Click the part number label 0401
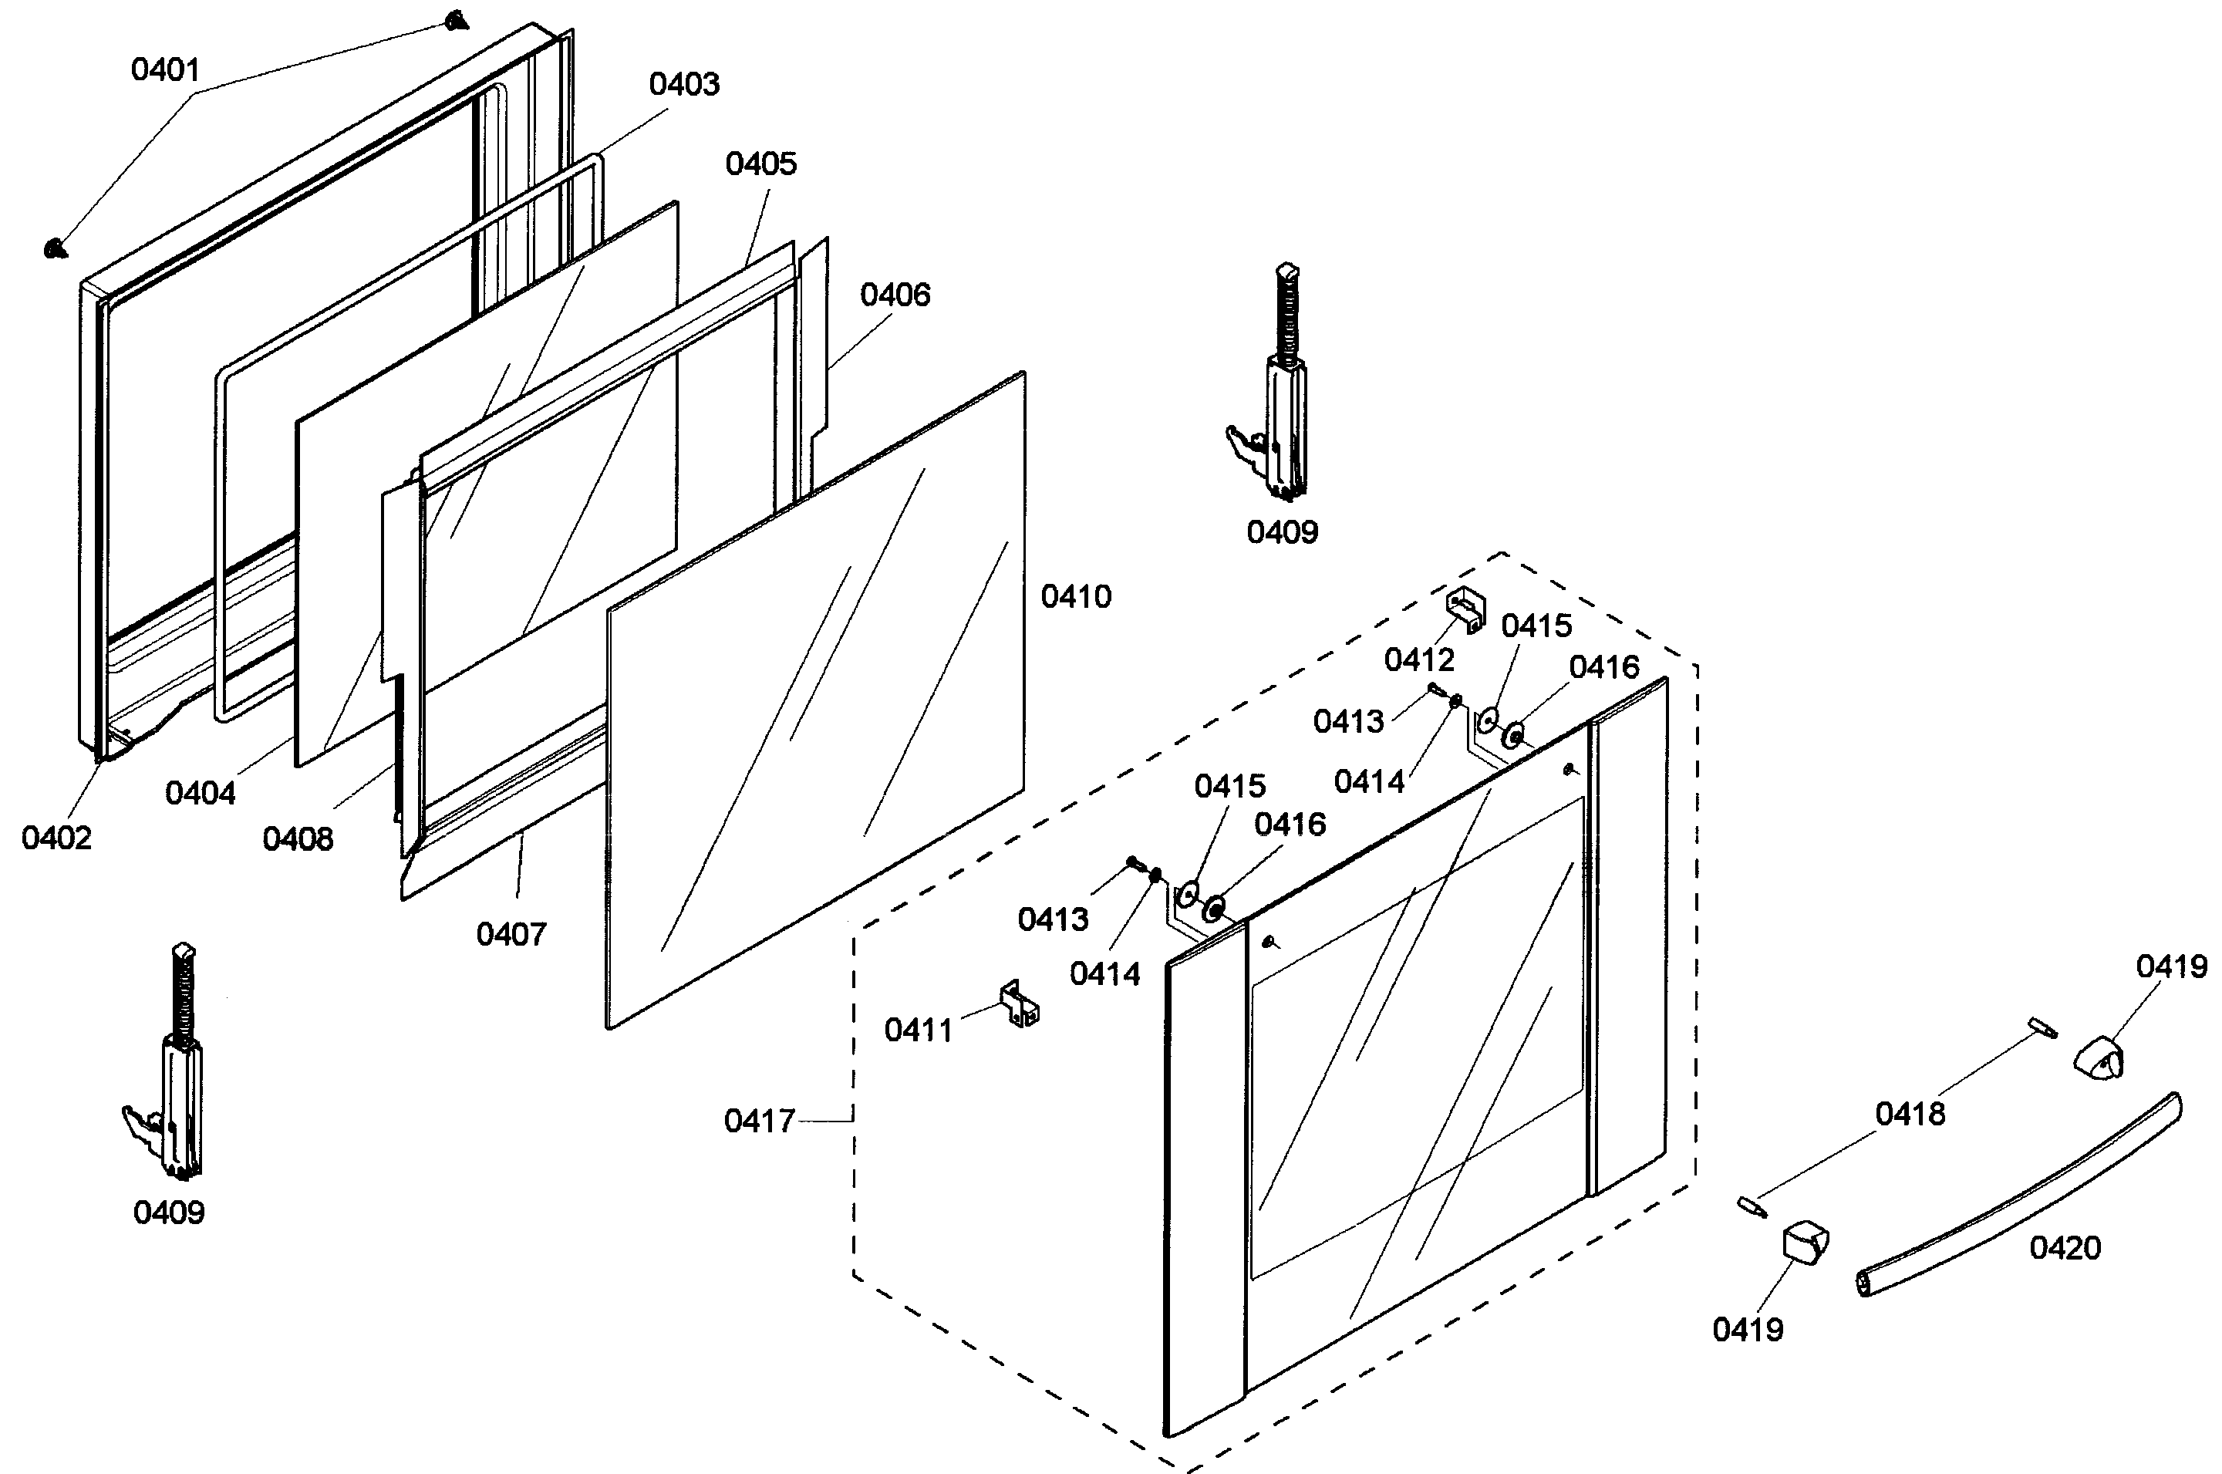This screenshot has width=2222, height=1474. point(165,69)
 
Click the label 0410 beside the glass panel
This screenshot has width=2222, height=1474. point(1076,597)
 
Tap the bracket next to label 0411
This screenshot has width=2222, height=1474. point(1019,1004)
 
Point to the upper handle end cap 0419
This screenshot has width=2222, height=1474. point(2099,1058)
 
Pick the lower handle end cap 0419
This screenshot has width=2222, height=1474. point(1805,1243)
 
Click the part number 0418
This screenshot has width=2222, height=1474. point(1910,1115)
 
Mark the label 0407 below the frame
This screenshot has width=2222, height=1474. point(511,934)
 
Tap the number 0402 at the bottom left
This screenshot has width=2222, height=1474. point(56,838)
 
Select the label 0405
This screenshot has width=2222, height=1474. point(760,164)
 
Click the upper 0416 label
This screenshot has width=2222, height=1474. point(1604,667)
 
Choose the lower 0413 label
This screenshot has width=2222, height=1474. point(1053,919)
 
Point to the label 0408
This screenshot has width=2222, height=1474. point(298,839)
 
